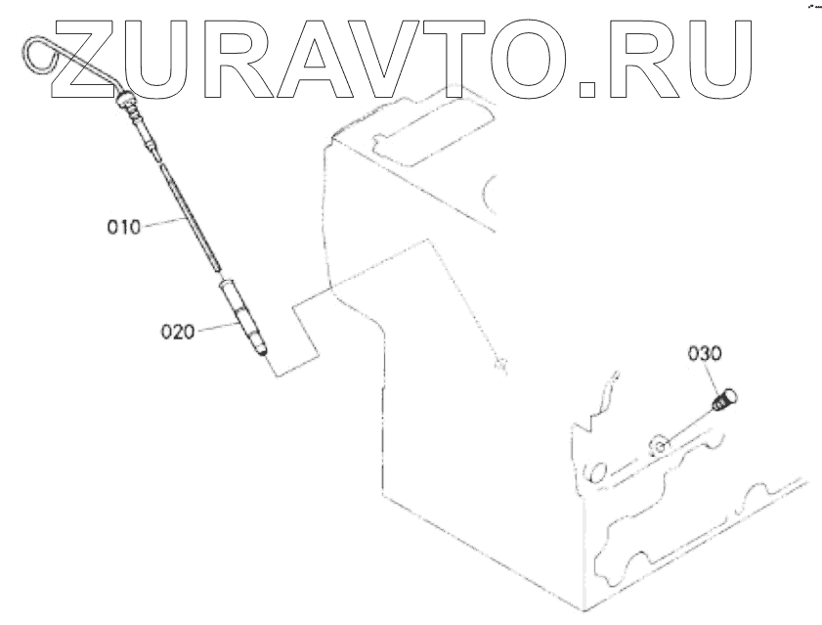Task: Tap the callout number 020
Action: click(x=179, y=331)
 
